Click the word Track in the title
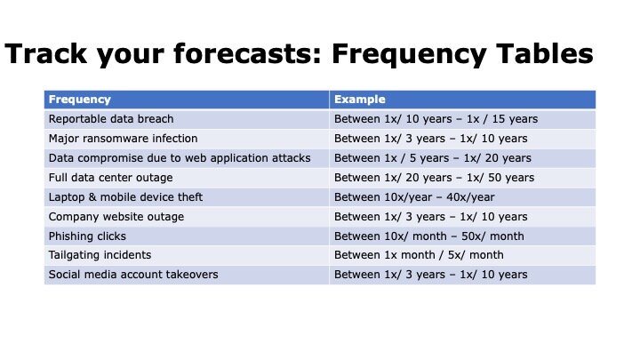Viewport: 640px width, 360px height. tap(45, 53)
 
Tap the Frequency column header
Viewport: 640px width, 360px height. tap(80, 100)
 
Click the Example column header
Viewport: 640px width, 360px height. tap(360, 100)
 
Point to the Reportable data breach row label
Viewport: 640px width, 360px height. tap(111, 119)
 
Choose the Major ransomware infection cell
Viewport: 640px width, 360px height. tap(123, 139)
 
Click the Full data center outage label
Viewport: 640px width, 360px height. tap(110, 178)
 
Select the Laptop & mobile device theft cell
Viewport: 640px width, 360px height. tap(125, 197)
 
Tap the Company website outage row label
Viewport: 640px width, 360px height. tap(116, 217)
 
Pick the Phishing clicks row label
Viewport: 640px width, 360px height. tap(87, 236)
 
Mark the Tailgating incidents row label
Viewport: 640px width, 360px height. tap(100, 255)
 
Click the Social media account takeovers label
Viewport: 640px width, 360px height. tap(133, 275)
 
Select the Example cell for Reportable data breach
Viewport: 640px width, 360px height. tap(436, 119)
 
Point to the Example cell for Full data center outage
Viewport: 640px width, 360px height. tap(435, 178)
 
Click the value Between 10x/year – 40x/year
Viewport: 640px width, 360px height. tap(414, 197)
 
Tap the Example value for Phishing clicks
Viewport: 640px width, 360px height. tap(429, 236)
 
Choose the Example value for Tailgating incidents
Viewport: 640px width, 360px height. tap(419, 255)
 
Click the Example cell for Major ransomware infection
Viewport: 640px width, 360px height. tap(430, 139)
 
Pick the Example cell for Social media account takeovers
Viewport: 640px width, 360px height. tap(430, 275)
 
